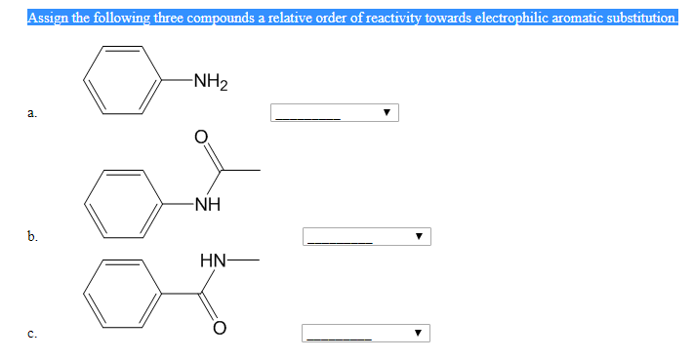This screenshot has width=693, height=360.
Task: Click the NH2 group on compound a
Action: (x=210, y=81)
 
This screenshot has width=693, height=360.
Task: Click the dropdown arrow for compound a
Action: (x=387, y=113)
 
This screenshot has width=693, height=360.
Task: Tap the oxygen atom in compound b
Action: (x=202, y=138)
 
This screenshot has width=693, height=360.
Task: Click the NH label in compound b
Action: (x=207, y=205)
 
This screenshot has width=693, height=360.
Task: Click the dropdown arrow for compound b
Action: (x=419, y=237)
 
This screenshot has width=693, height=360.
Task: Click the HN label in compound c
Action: (x=214, y=260)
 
